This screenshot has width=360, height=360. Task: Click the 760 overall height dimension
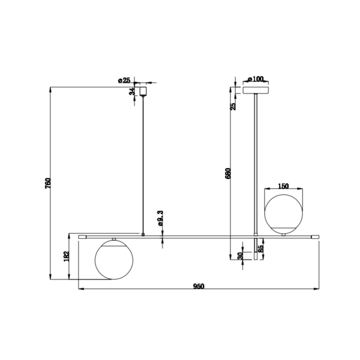48,183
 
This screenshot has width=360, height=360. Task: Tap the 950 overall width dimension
198,286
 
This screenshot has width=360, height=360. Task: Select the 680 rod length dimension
228,174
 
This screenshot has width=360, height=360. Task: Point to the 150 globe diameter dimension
283,186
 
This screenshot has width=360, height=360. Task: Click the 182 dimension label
66,256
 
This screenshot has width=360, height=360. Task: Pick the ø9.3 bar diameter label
160,218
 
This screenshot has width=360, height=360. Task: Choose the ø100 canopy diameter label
256,79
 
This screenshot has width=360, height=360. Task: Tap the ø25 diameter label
124,80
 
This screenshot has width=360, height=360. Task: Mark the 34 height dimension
132,92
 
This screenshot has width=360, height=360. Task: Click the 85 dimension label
260,249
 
